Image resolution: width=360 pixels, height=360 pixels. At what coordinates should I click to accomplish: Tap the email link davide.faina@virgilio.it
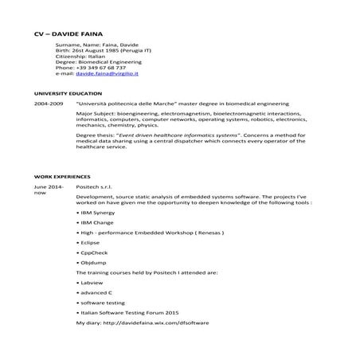(116, 74)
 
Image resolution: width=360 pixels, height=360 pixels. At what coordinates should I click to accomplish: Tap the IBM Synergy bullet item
(99, 214)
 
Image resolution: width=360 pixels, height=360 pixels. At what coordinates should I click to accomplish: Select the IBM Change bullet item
(98, 224)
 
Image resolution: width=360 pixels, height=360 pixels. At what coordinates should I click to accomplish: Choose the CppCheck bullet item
(95, 252)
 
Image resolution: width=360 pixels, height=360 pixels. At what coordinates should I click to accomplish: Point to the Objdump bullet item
(95, 262)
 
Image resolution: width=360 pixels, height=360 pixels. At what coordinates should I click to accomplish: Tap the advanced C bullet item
(97, 293)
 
